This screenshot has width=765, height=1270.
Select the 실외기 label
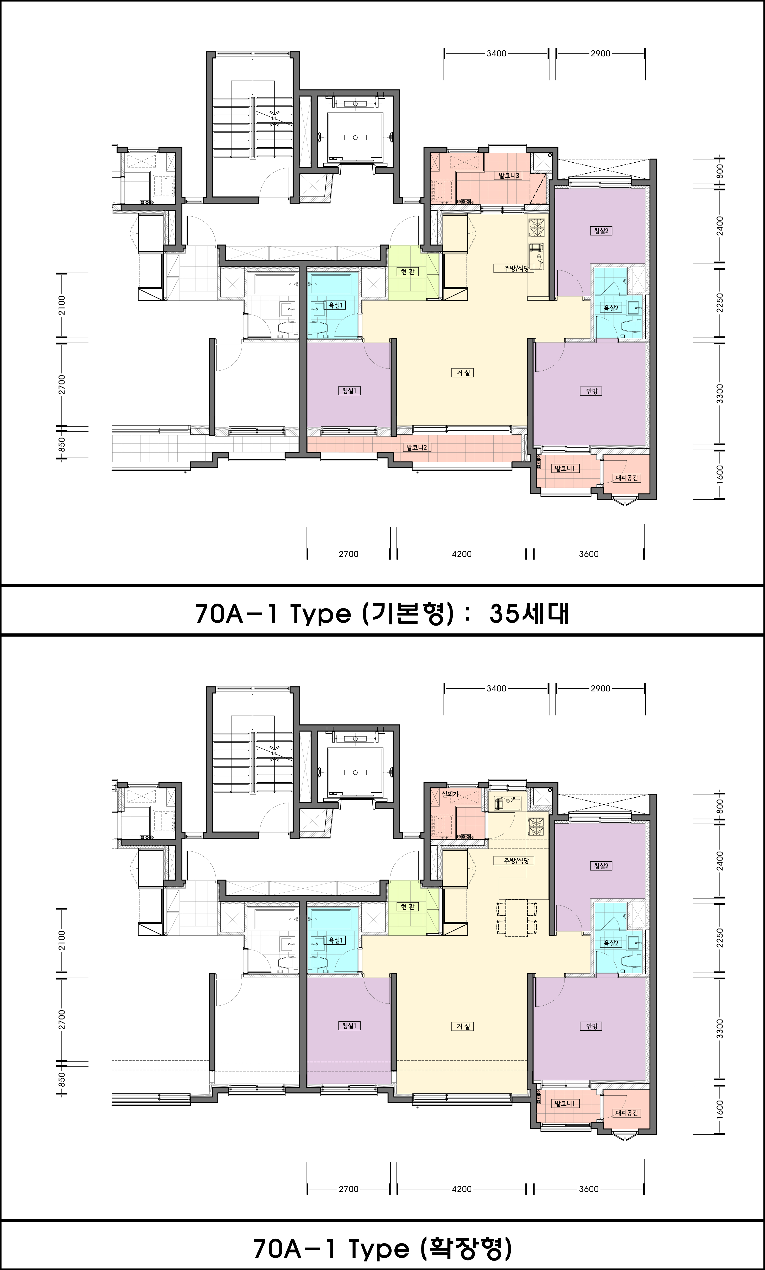coord(450,794)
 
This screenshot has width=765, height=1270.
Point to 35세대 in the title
coord(529,613)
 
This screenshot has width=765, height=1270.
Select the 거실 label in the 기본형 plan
coord(462,372)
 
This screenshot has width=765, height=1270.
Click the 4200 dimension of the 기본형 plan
coord(461,554)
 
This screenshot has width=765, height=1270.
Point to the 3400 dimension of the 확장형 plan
coord(497,688)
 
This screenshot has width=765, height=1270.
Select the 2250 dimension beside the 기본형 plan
coord(720,302)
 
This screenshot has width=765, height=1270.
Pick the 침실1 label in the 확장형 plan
coord(349,1026)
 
